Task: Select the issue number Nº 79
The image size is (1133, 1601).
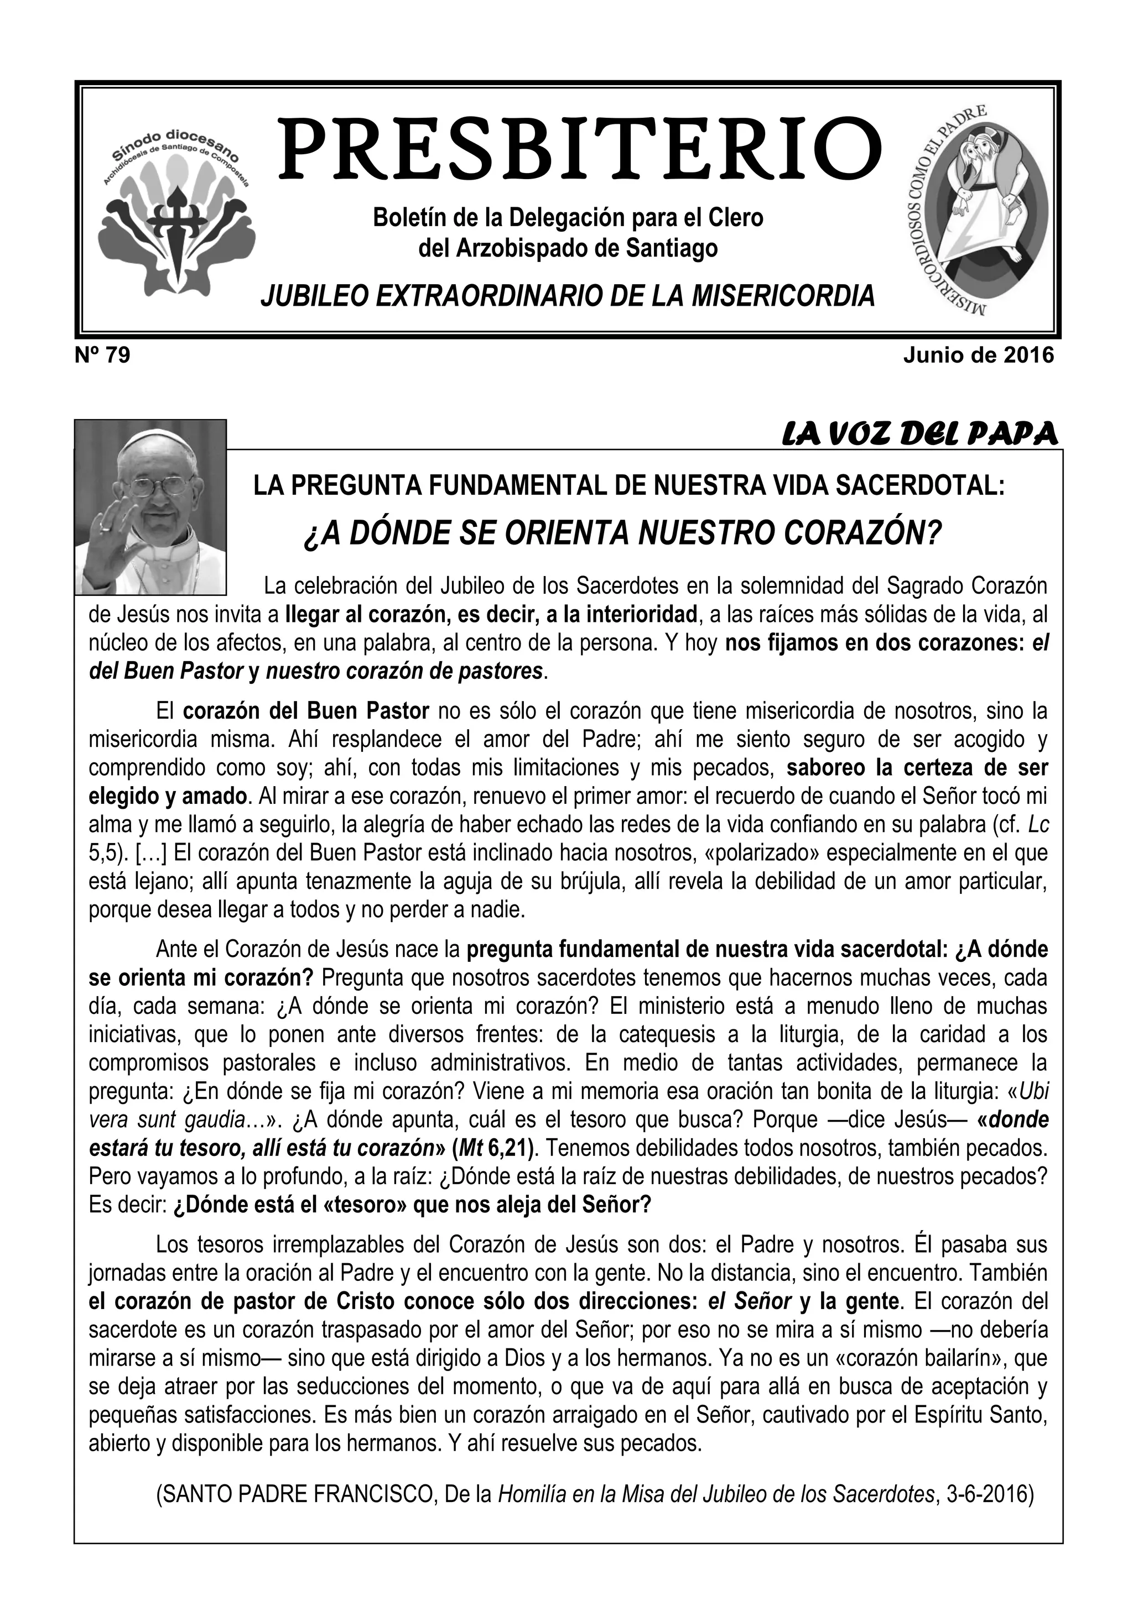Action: tap(102, 355)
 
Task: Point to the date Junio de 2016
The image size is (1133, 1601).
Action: tap(978, 355)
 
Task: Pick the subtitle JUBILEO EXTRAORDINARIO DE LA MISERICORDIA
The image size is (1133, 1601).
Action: tap(567, 296)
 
